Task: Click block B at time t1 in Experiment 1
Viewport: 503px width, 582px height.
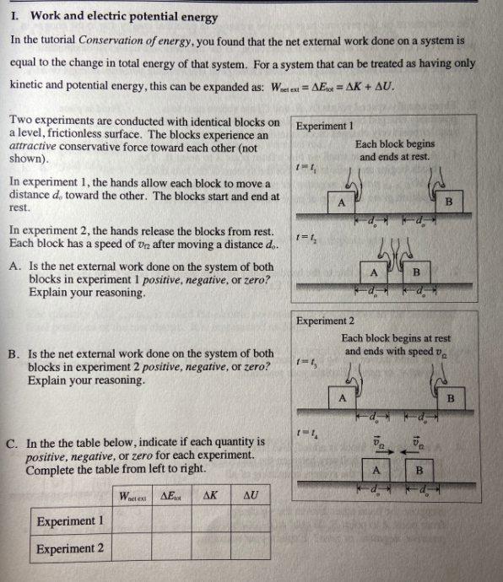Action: [448, 202]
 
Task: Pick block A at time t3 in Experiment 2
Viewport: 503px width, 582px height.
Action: [342, 396]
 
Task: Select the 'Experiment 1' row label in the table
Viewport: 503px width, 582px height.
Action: [70, 521]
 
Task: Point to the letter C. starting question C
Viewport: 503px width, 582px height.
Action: [13, 441]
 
